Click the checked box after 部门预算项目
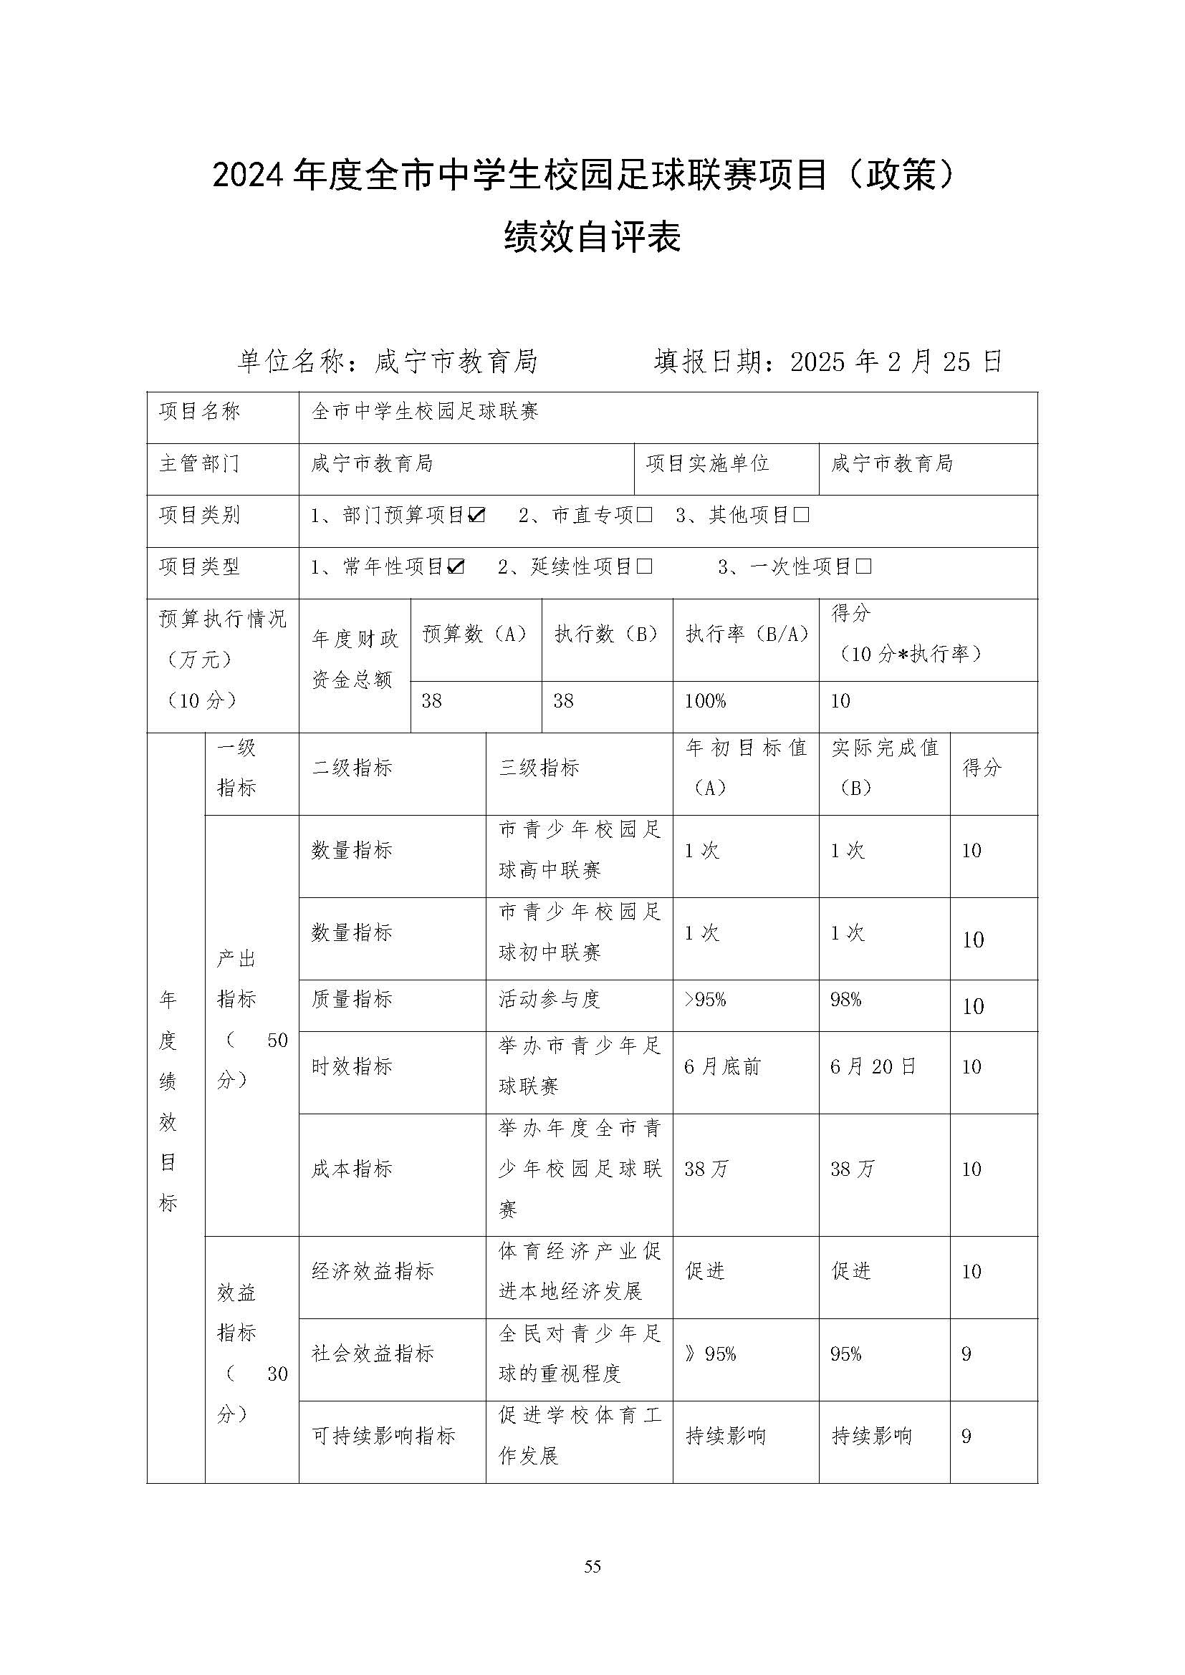(476, 516)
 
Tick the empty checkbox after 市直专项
(644, 516)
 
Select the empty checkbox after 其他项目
(801, 516)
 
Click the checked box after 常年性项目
(456, 567)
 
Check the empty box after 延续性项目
(644, 567)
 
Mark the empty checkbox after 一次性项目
(863, 567)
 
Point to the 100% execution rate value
(706, 702)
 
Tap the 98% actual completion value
(845, 1000)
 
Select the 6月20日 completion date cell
(873, 1067)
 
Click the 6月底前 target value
(722, 1067)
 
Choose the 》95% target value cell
(711, 1354)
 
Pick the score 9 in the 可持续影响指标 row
(966, 1436)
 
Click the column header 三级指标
(539, 768)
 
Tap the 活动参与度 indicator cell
(550, 1000)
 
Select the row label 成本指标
(352, 1169)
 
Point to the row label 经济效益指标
(373, 1272)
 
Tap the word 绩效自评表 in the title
(592, 237)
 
